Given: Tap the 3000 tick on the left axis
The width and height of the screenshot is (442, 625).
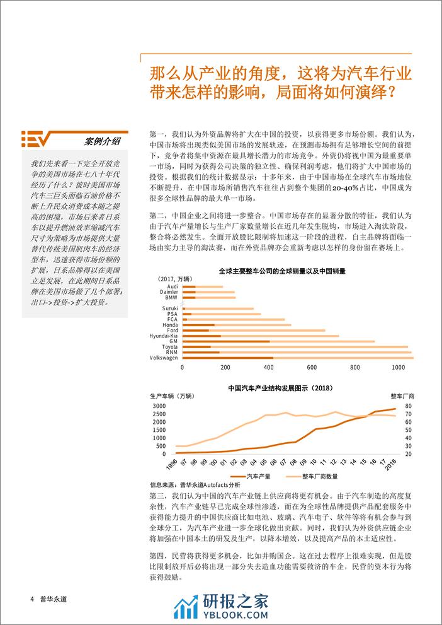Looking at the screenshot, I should point(159,406).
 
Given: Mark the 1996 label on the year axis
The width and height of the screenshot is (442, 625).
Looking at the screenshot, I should point(170,464).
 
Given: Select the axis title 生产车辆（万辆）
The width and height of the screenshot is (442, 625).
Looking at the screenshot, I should point(173,397).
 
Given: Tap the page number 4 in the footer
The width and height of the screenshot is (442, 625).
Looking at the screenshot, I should point(31,599).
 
